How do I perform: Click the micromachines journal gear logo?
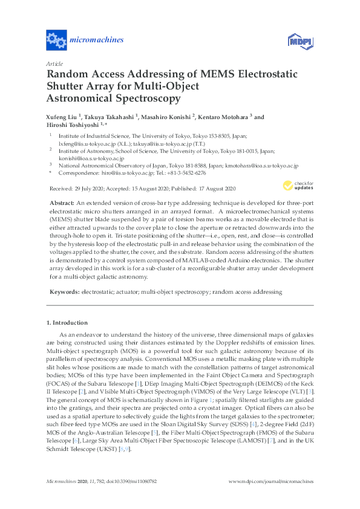[56, 41]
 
